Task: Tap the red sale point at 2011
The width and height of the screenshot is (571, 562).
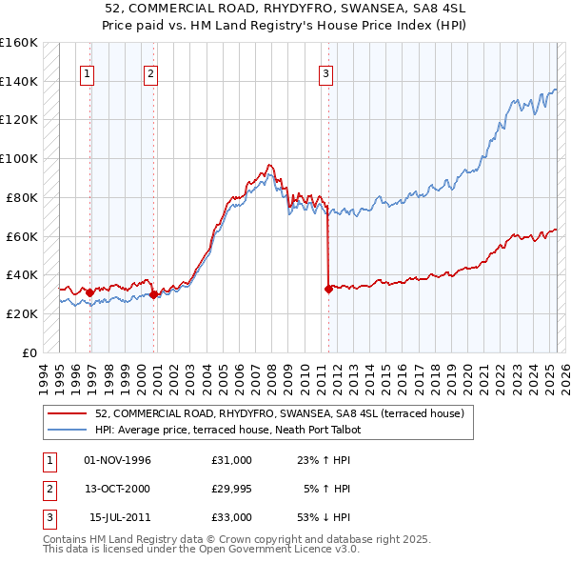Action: tap(328, 288)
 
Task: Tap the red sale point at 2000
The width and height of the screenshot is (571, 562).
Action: tap(153, 294)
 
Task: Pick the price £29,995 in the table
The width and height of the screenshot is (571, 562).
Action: tap(232, 489)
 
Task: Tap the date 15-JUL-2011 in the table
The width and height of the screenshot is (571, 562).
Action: tap(119, 517)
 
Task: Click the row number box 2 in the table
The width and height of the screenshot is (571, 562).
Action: tap(47, 489)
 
